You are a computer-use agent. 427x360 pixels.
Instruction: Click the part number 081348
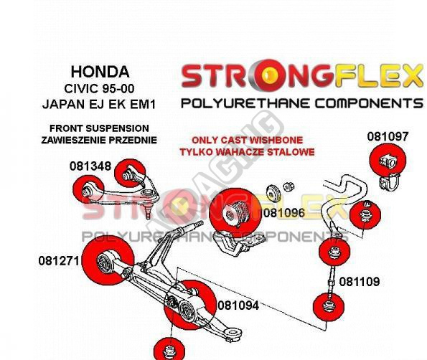click(90, 166)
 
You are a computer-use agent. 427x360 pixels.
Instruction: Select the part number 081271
click(59, 261)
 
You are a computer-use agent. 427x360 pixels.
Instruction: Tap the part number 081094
click(238, 305)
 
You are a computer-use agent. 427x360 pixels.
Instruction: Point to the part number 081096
click(284, 213)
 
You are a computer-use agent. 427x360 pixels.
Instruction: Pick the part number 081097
click(388, 136)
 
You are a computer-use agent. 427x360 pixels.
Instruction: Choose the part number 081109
click(360, 282)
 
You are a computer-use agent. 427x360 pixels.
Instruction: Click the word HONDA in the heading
click(100, 72)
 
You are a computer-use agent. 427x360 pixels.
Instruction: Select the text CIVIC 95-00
click(99, 89)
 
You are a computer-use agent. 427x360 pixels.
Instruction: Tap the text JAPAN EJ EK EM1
click(99, 105)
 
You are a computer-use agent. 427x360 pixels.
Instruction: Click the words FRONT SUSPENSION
click(99, 128)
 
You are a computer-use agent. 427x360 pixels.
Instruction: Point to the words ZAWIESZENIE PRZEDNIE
click(99, 140)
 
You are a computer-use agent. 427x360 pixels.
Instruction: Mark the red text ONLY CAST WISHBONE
click(248, 140)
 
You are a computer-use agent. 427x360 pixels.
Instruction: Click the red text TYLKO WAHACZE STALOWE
click(248, 152)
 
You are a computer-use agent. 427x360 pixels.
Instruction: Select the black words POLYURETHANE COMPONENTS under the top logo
click(302, 104)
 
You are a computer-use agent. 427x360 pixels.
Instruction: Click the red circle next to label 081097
click(388, 160)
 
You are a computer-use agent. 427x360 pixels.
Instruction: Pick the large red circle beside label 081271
click(108, 260)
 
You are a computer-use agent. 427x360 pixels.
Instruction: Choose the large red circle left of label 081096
click(235, 213)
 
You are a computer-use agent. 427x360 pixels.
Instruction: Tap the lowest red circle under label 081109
click(329, 306)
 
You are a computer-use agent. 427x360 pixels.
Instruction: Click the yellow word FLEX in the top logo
click(379, 76)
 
